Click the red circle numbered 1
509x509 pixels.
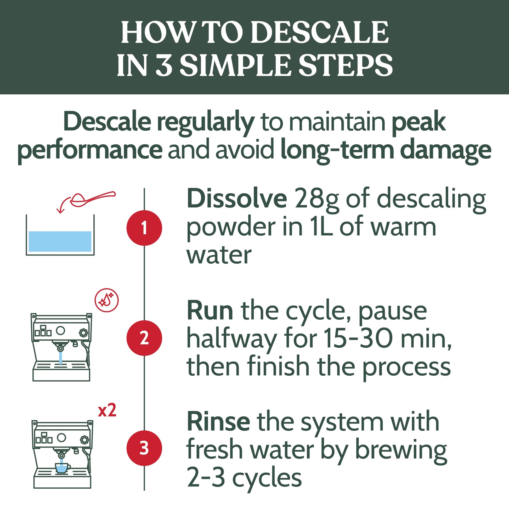pyautogui.click(x=144, y=228)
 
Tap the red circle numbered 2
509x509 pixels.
pyautogui.click(x=144, y=338)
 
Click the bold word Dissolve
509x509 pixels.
pyautogui.click(x=237, y=199)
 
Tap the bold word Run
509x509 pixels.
pyautogui.click(x=210, y=311)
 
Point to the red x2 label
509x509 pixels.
pyautogui.click(x=107, y=410)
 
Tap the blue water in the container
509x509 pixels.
pyautogui.click(x=60, y=241)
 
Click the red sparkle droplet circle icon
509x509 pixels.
pyautogui.click(x=106, y=300)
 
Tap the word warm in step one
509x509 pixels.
pyautogui.click(x=403, y=228)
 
